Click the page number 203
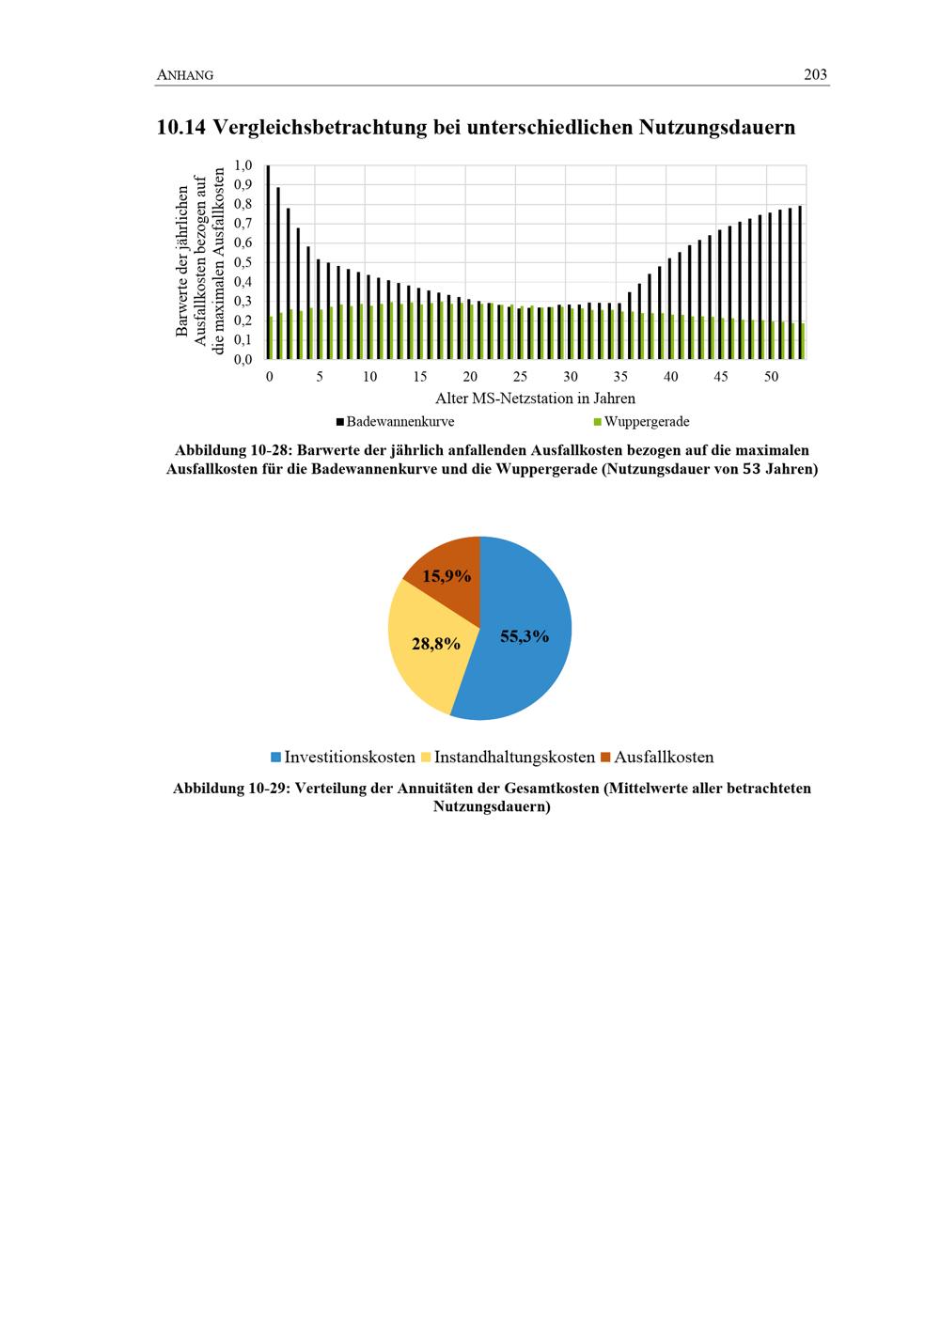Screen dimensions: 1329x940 coord(815,75)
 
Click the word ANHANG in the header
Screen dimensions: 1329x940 coord(184,76)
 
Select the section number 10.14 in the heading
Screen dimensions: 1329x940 coord(182,127)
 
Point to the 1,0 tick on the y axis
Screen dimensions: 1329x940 coord(243,165)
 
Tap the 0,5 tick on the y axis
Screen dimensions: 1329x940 coord(243,262)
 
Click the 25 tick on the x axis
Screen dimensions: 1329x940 coord(520,377)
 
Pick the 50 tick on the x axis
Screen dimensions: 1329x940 coord(771,377)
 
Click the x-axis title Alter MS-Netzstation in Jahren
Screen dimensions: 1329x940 coord(535,399)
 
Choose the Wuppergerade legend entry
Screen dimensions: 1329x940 coord(641,422)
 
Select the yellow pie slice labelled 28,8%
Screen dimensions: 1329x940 coord(428,649)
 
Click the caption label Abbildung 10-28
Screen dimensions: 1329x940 coord(230,450)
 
